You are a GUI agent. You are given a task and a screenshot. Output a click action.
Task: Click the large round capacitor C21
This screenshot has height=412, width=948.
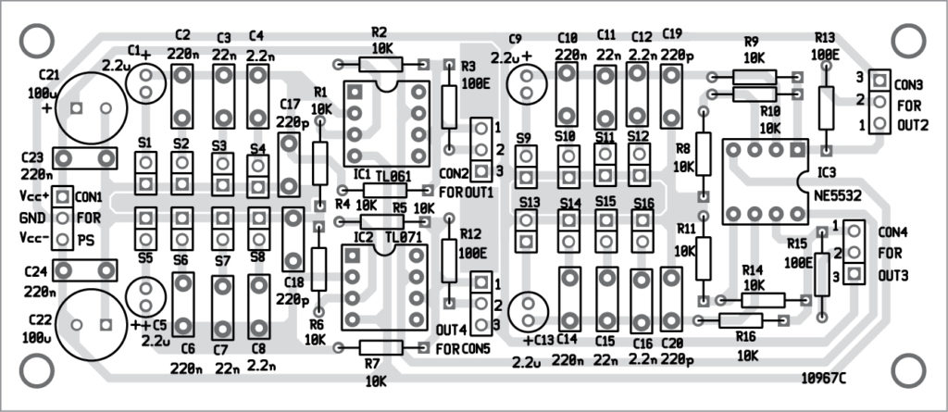click(90, 107)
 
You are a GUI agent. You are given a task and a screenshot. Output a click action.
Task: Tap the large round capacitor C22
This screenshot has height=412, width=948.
click(90, 323)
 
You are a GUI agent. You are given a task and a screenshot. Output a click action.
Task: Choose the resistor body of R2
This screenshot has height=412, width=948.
click(380, 64)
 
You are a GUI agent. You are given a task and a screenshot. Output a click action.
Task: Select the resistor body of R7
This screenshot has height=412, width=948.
click(380, 347)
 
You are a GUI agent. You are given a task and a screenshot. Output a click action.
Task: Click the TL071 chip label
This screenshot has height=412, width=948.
click(403, 238)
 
